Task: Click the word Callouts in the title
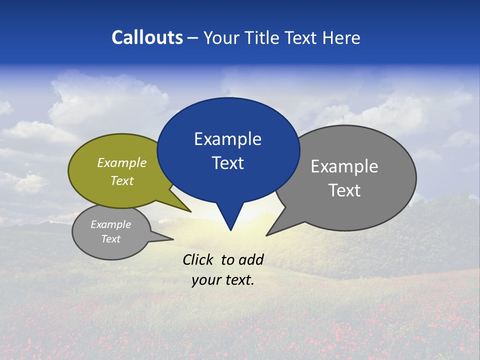[147, 38]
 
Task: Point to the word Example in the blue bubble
[227, 139]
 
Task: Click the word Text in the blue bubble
[227, 163]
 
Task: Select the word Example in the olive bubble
[122, 162]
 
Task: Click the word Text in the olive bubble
[122, 180]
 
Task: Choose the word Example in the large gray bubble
[344, 166]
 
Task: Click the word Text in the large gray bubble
[344, 190]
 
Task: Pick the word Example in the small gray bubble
[110, 224]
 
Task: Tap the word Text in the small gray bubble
[110, 239]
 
